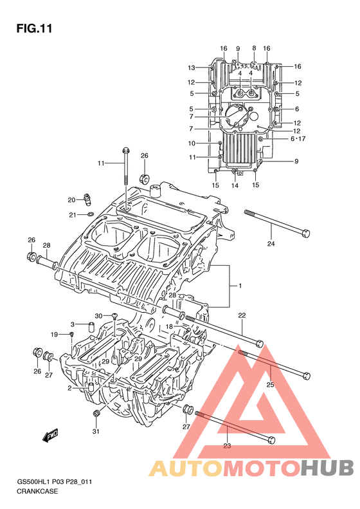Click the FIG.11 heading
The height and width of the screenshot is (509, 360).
(x=34, y=28)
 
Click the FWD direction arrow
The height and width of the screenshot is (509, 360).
(x=50, y=435)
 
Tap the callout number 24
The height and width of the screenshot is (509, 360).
(x=271, y=243)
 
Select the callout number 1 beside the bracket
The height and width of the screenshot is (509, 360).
(x=240, y=286)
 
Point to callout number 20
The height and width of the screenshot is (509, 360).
(x=71, y=200)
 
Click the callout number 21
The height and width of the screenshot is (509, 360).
(x=72, y=214)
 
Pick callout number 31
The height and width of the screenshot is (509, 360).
(x=96, y=431)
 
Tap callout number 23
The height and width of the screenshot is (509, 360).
(x=227, y=446)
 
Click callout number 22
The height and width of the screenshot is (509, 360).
(x=242, y=315)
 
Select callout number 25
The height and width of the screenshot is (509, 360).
(x=270, y=385)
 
